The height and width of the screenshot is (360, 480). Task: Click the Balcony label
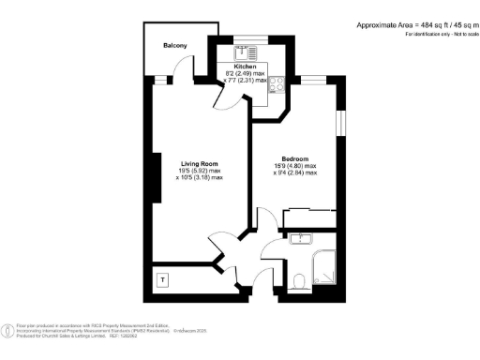pyautogui.click(x=174, y=46)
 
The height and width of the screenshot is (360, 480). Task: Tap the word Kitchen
pyautogui.click(x=245, y=67)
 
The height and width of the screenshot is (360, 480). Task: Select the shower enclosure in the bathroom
pyautogui.click(x=323, y=268)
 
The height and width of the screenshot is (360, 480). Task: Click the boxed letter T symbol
pyautogui.click(x=162, y=279)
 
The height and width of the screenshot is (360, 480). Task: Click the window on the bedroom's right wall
pyautogui.click(x=341, y=122)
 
